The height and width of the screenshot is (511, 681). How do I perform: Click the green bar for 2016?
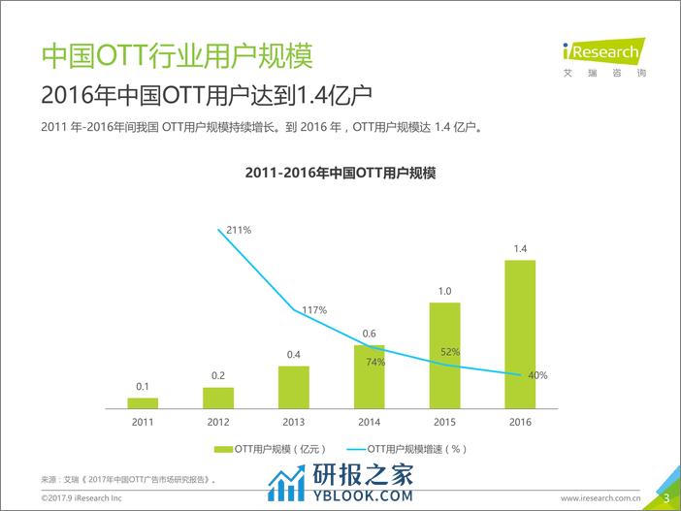[521, 334]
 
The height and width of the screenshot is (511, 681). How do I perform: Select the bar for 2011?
[143, 402]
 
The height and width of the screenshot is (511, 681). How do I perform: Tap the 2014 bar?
[370, 376]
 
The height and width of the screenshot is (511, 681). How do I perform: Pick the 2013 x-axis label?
[294, 423]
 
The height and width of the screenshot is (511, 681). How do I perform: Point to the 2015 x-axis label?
[445, 423]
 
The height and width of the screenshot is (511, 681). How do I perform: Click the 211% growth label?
[239, 230]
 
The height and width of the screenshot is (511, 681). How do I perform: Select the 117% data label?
[314, 310]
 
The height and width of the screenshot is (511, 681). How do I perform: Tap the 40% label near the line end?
[537, 375]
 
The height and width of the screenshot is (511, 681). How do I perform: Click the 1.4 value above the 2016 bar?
[521, 249]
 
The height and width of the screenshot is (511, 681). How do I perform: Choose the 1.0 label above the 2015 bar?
[445, 291]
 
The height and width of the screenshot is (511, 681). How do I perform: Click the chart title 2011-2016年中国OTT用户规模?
[340, 173]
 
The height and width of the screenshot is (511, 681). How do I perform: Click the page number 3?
[666, 497]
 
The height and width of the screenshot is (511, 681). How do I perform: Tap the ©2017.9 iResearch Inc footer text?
[81, 497]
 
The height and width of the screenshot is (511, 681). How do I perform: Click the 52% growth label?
[450, 352]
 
